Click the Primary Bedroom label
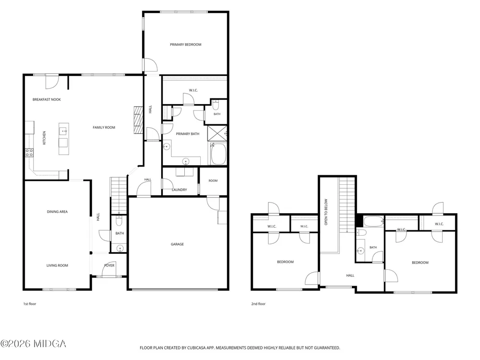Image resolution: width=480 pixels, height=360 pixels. (185, 44)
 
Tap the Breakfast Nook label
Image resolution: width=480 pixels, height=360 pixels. (47, 99)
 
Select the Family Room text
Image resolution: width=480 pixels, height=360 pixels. (104, 127)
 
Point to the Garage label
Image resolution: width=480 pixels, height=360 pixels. (177, 244)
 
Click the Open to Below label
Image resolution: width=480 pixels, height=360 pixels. (326, 212)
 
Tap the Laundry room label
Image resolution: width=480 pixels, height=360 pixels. (180, 190)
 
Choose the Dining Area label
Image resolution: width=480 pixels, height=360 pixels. (57, 212)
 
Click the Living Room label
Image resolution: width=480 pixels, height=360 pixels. (57, 265)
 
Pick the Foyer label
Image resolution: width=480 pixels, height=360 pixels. (109, 265)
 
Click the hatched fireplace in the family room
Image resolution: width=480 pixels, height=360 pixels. (138, 120)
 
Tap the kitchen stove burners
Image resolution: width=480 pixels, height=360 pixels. (29, 153)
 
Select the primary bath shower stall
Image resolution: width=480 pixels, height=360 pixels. (217, 133)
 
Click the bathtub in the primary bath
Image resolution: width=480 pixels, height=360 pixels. (218, 154)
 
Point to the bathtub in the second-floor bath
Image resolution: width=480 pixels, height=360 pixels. (373, 221)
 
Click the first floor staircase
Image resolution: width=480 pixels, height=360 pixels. (119, 195)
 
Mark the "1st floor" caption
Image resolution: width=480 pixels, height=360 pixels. (30, 304)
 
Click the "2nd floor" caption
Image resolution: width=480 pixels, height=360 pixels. (258, 304)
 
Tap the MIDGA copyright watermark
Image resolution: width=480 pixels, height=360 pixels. (33, 344)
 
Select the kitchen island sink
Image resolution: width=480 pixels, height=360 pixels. (64, 131)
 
